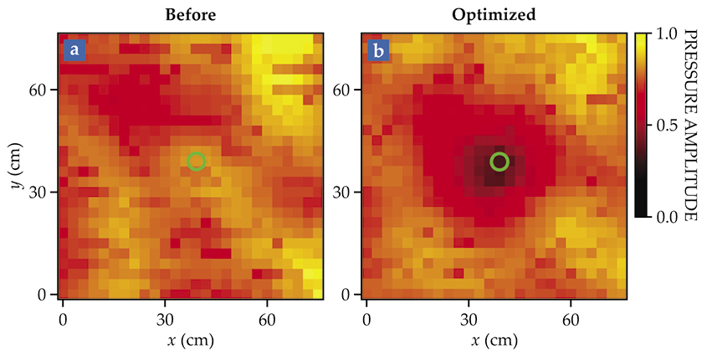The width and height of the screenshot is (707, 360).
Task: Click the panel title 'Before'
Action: (192, 15)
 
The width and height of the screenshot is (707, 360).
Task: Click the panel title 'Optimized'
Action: (494, 15)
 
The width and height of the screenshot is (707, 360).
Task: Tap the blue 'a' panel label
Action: (75, 51)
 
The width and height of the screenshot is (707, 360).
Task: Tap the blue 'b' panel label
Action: (379, 51)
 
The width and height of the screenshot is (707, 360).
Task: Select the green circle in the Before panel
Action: (196, 162)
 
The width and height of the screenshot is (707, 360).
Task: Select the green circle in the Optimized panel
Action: (500, 162)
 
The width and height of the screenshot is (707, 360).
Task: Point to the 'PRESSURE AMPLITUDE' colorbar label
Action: (691, 126)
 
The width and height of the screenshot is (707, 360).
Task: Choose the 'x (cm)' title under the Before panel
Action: (192, 341)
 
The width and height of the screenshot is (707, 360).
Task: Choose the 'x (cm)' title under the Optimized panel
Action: (494, 341)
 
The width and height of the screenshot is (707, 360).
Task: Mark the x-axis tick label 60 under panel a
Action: (268, 320)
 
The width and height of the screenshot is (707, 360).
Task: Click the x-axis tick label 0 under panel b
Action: (366, 320)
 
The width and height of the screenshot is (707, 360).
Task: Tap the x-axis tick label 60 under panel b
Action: (571, 320)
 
